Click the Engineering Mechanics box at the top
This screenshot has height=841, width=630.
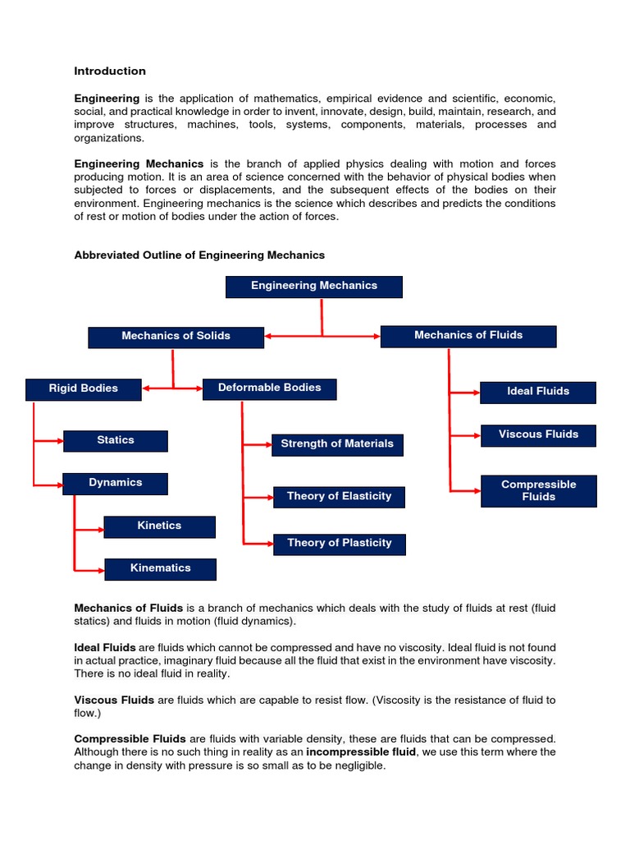coord(314,287)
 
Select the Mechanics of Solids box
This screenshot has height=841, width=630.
coord(176,337)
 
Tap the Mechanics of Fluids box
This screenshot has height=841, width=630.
coord(468,336)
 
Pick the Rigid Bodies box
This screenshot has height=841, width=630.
coord(84,389)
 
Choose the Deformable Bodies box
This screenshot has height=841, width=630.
coord(270,388)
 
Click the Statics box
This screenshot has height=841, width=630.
coord(116,441)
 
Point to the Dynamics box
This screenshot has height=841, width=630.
coord(116,484)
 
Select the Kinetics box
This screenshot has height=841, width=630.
coord(160,526)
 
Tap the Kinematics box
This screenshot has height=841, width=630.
coord(160,569)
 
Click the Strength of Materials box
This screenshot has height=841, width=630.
coord(337,444)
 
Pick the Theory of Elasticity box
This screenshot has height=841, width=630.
coord(339,497)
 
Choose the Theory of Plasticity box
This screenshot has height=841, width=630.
coord(339,544)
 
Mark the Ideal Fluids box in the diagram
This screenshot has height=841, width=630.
coord(538,393)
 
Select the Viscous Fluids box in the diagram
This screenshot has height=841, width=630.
coord(538,435)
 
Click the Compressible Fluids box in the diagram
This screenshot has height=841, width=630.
coord(538,491)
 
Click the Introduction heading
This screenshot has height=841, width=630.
coord(110,71)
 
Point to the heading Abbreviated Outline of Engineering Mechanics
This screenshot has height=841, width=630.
coord(199,255)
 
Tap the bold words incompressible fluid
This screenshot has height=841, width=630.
coord(361,751)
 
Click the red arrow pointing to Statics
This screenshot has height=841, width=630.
coord(48,442)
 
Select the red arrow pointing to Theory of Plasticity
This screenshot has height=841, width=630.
coord(258,544)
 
